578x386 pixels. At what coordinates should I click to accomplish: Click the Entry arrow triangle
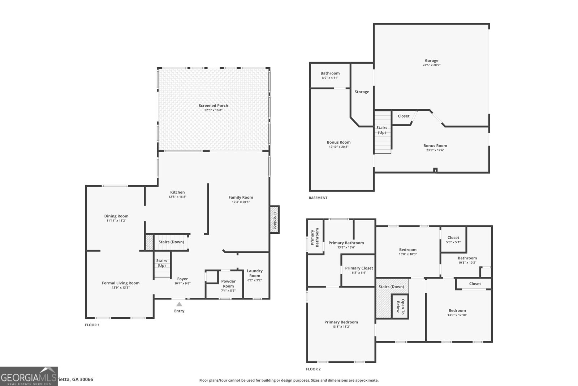click(179, 305)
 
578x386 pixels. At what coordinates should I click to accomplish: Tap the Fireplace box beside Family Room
click(275, 220)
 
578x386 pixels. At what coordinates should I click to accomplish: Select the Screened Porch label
click(213, 106)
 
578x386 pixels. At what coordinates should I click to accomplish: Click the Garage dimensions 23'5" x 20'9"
click(431, 65)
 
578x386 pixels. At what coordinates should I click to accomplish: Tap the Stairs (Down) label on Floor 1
click(171, 242)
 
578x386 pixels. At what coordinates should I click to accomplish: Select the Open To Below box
click(400, 306)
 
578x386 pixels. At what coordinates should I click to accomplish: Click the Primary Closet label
click(359, 268)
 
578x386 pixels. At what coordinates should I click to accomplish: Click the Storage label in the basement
click(362, 92)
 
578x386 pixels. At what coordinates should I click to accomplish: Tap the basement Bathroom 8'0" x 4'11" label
click(330, 73)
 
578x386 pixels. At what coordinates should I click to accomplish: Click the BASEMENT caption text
click(318, 198)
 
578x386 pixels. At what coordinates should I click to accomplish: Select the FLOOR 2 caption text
click(313, 369)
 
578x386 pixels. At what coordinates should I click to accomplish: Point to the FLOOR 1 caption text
click(92, 325)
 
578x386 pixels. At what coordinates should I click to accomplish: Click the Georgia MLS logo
click(29, 376)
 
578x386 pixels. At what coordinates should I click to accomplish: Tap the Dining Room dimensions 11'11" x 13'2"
click(116, 221)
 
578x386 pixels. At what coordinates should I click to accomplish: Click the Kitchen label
click(177, 192)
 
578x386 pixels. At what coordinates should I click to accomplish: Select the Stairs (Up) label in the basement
click(382, 130)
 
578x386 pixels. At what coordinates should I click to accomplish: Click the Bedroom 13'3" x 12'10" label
click(457, 310)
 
